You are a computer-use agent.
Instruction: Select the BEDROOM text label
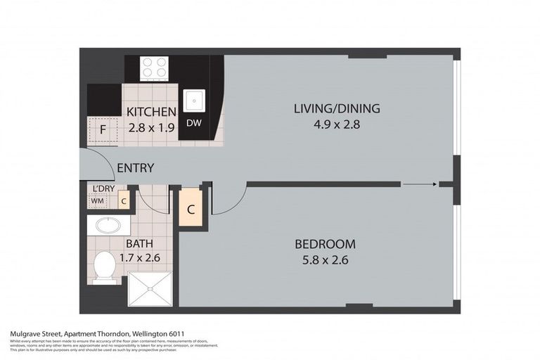[x=325, y=245]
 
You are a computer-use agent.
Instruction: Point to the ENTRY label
[x=135, y=168]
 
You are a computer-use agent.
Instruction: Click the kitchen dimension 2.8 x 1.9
[x=150, y=128]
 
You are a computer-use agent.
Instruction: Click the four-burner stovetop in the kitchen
[x=154, y=68]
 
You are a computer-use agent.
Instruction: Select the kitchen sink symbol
[x=193, y=101]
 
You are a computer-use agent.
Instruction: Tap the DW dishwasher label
[x=193, y=124]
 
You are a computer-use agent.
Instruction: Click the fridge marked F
[x=103, y=129]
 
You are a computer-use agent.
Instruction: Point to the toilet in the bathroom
[x=105, y=266]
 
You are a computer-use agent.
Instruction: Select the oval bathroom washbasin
[x=108, y=226]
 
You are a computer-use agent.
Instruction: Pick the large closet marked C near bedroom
[x=191, y=209]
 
